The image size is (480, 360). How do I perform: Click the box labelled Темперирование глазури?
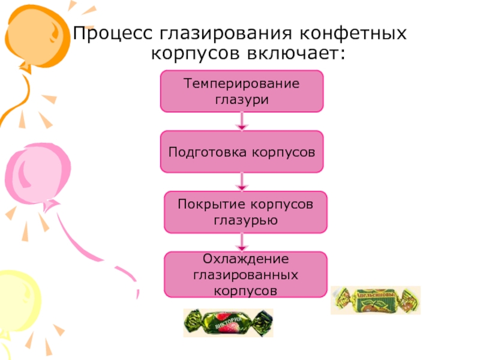click(241, 91)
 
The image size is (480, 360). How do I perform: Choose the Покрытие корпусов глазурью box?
click(245, 212)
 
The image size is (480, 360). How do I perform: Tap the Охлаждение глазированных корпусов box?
click(245, 275)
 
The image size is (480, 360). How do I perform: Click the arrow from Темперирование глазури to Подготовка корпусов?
click(241, 121)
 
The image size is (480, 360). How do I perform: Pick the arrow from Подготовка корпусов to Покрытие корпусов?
click(241, 182)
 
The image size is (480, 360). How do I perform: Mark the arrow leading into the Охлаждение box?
click(241, 242)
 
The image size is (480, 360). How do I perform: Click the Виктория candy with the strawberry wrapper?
click(227, 323)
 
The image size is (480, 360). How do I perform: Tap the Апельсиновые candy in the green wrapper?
click(376, 300)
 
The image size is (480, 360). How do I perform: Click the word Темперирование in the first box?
click(241, 83)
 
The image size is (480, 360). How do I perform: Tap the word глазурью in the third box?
click(245, 220)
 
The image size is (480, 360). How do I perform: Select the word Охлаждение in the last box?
click(245, 259)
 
